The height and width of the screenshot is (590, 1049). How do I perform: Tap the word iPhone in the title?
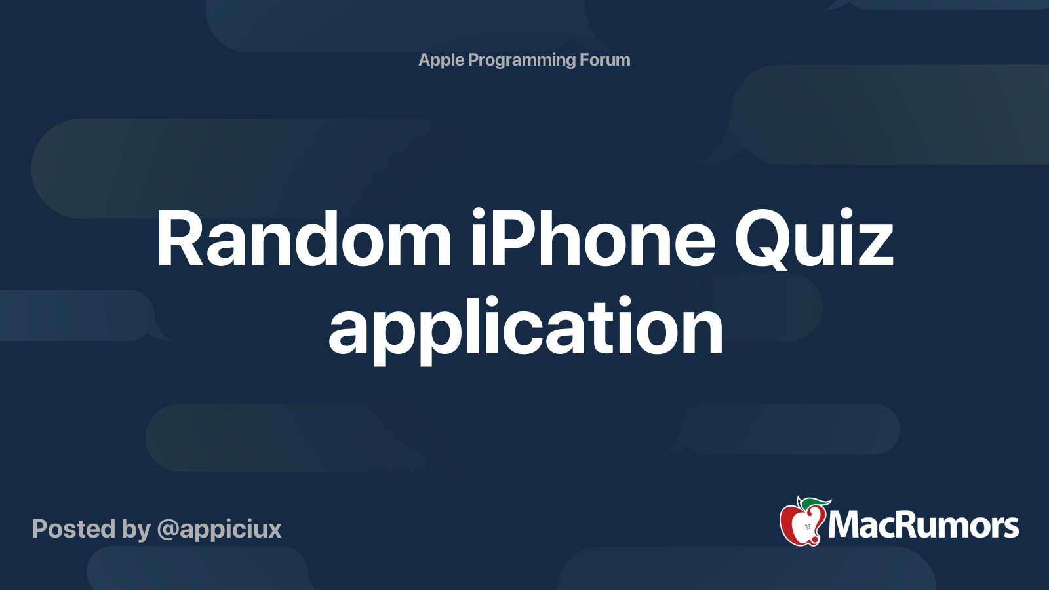click(x=593, y=240)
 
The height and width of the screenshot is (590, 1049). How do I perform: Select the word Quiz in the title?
click(x=814, y=240)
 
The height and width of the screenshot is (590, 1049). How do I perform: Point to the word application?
click(x=526, y=328)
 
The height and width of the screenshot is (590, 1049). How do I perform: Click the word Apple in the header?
click(x=441, y=60)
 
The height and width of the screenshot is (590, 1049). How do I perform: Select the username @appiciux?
click(x=219, y=529)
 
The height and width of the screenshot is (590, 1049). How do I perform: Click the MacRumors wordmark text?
click(x=923, y=526)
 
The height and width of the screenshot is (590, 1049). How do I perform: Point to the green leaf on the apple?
click(x=814, y=503)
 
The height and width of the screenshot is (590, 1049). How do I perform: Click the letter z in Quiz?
click(x=876, y=246)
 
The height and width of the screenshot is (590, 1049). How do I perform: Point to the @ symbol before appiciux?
click(x=168, y=530)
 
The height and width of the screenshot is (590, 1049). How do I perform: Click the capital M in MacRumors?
click(x=846, y=524)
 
